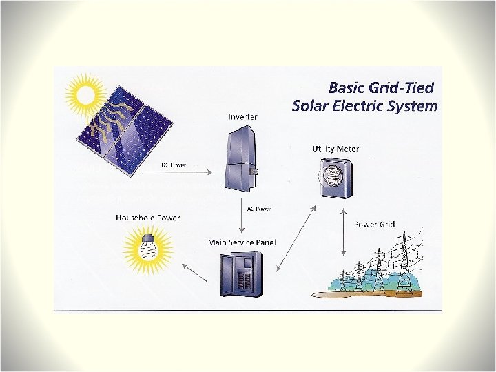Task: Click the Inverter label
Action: (x=242, y=116)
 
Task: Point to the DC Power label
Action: (x=174, y=166)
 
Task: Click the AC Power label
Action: (x=258, y=208)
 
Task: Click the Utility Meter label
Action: (x=335, y=148)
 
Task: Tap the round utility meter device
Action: (x=332, y=172)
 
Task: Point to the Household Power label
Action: (x=147, y=218)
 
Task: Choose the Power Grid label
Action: (x=374, y=224)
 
